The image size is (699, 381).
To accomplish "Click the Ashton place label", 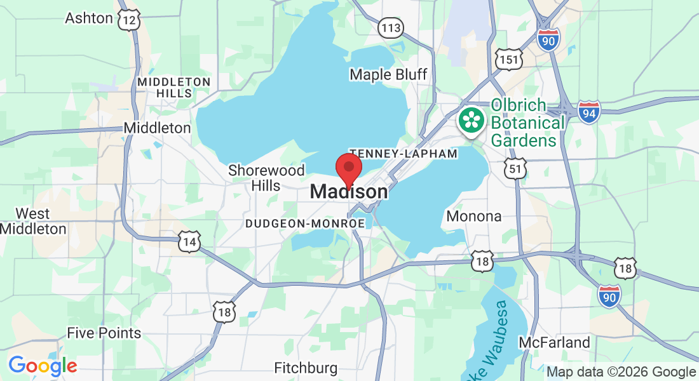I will click(x=89, y=18).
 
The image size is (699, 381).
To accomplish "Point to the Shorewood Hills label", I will click(x=266, y=178).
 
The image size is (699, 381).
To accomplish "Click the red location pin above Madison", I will click(x=348, y=168).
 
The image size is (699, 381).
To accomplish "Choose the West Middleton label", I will click(x=33, y=220).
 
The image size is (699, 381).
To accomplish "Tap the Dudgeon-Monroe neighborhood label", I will click(x=305, y=224).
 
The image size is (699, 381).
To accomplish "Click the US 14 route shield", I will click(x=189, y=242).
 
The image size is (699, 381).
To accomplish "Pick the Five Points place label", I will click(x=104, y=333).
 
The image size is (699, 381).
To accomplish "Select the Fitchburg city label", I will click(x=306, y=368).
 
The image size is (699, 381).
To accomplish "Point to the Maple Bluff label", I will click(x=388, y=74).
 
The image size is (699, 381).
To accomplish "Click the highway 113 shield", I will click(x=390, y=27).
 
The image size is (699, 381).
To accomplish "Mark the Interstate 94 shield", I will click(x=589, y=113).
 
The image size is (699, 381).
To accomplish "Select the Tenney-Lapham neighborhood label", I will click(x=403, y=154).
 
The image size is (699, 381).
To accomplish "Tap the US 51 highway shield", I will click(x=515, y=168).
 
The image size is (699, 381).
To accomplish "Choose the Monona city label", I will click(x=474, y=216).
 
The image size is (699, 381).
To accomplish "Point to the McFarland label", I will click(x=554, y=343).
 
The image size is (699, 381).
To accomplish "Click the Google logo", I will click(x=43, y=366).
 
